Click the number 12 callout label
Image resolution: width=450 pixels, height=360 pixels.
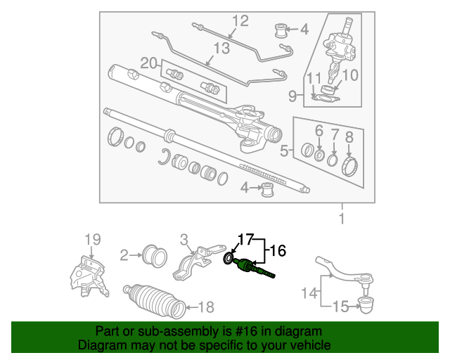tap(240, 21)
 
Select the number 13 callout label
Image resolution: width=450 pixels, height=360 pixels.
tap(222, 49)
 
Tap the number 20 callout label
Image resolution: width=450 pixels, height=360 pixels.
tap(149, 63)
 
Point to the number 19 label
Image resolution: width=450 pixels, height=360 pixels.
tap(93, 240)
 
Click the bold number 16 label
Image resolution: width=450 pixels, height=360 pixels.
tap(278, 250)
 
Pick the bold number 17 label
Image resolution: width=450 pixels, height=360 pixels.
tap(246, 240)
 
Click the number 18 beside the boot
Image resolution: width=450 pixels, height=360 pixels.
tap(206, 307)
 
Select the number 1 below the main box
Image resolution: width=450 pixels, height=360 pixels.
tap(342, 219)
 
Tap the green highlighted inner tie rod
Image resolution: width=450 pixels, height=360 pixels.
tap(254, 267)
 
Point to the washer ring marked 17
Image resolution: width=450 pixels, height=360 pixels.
tap(228, 259)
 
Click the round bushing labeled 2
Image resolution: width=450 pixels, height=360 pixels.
tap(155, 256)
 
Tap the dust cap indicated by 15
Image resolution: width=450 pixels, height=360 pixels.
tap(366, 305)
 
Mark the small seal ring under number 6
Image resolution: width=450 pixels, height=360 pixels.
tap(319, 155)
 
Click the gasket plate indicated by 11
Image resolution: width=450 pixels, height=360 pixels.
tap(325, 99)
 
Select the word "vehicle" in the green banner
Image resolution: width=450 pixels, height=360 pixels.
tap(312, 345)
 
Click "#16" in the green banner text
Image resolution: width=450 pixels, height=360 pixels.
tap(246, 331)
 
